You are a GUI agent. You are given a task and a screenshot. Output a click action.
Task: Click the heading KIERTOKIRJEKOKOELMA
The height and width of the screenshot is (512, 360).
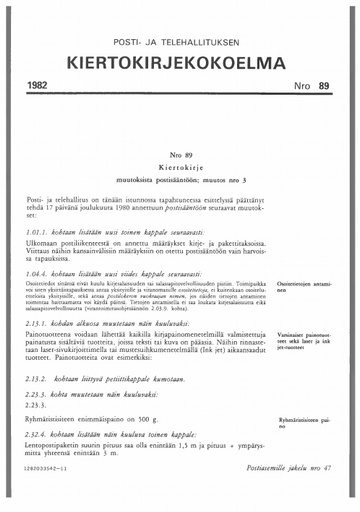[x=180, y=63]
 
